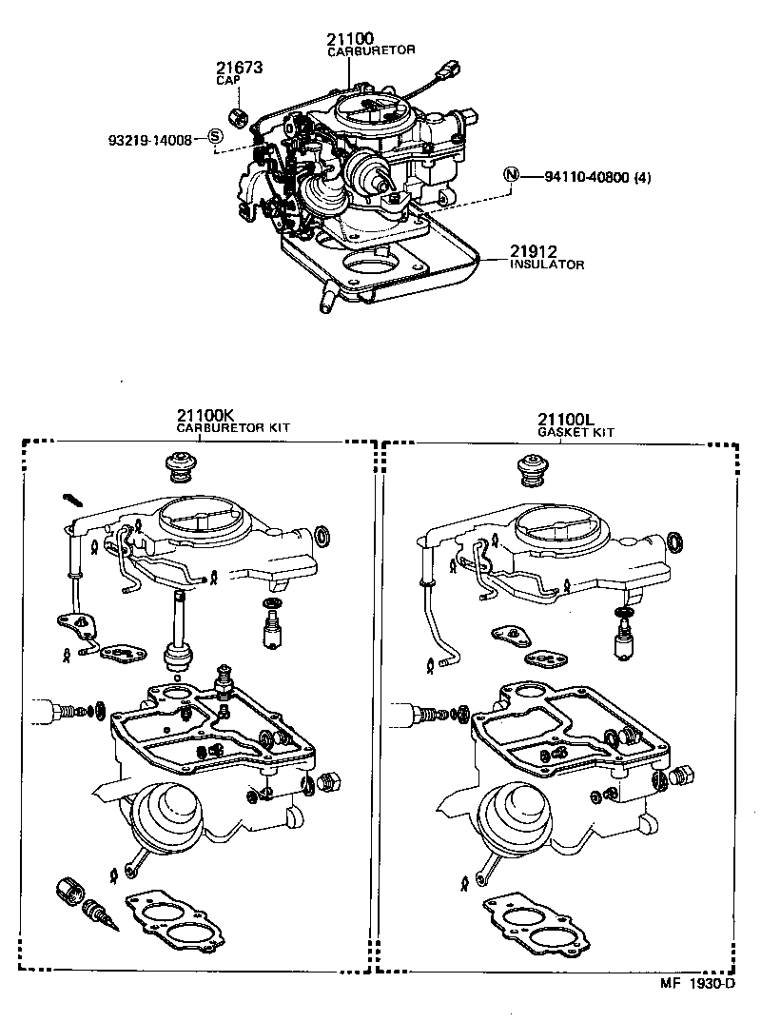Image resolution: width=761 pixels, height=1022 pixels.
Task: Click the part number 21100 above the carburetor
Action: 350,39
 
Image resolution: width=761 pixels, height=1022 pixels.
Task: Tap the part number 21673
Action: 238,69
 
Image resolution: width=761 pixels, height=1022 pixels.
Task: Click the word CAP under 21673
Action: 226,82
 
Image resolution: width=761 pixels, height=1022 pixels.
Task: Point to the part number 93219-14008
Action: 149,140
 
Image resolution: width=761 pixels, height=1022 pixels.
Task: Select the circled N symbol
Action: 512,175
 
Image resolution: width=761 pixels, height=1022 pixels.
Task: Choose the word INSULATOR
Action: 547,265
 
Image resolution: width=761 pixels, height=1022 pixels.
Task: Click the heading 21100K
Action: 206,416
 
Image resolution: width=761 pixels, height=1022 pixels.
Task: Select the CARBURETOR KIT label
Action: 233,428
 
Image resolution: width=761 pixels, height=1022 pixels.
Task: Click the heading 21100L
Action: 566,419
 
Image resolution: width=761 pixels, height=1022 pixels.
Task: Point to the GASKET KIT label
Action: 576,432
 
